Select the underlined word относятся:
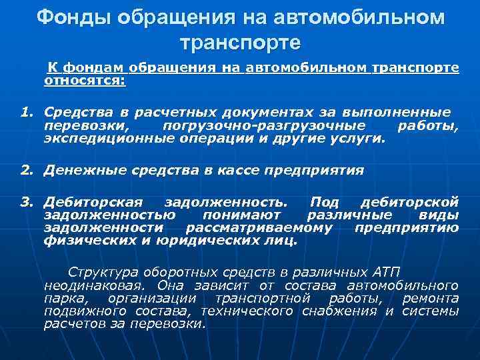[x=85, y=80]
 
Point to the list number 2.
[x=25, y=170]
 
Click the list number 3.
[x=25, y=201]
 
